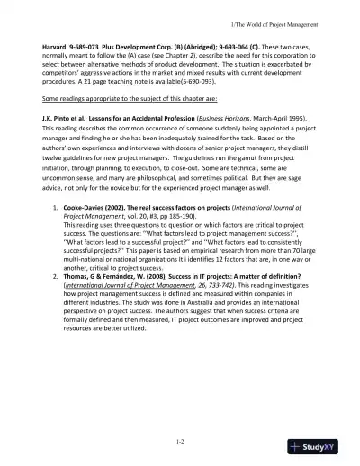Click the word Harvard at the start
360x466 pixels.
point(46,43)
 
